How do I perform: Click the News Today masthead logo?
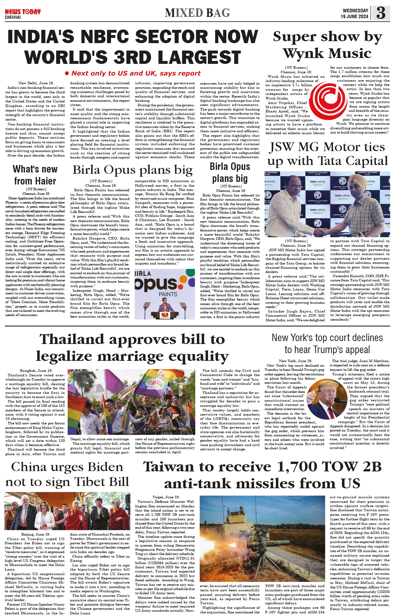tap(23, 12)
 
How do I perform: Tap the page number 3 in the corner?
tap(381, 13)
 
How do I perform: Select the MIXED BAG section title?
tap(197, 13)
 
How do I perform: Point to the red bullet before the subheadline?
tap(67, 74)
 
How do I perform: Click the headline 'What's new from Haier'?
tap(35, 175)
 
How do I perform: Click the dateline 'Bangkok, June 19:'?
tap(36, 371)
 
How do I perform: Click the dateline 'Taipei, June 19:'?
tap(166, 497)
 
